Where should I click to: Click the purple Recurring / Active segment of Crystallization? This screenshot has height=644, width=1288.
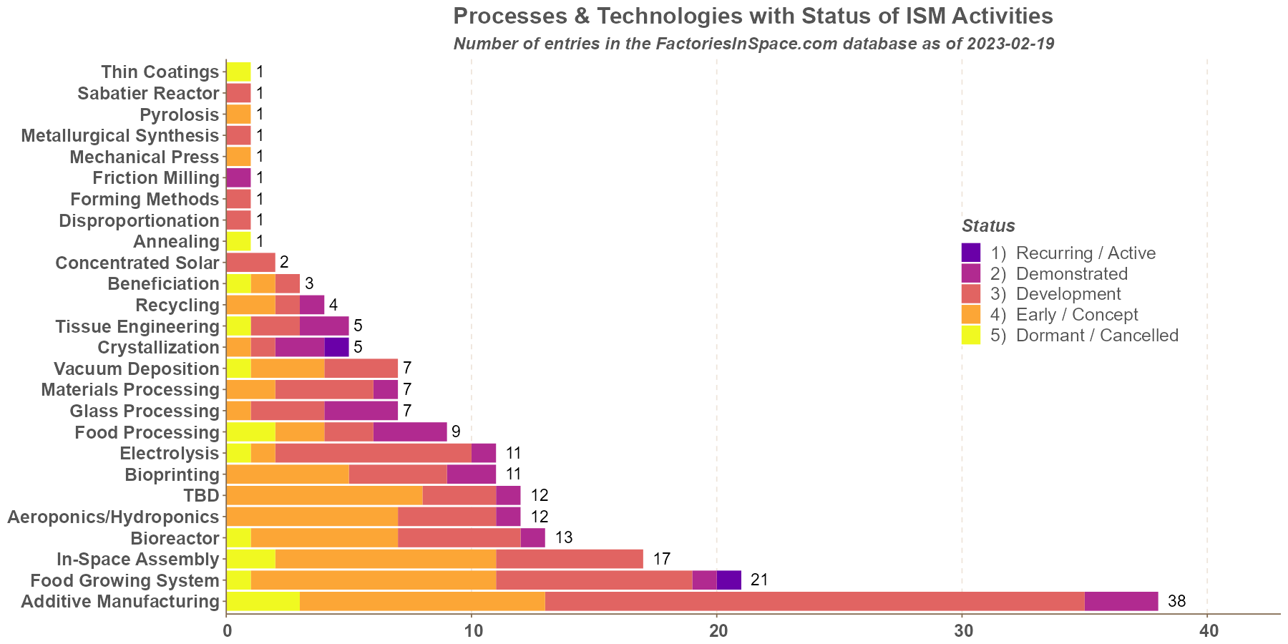click(336, 347)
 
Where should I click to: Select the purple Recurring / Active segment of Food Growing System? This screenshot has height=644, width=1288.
click(728, 580)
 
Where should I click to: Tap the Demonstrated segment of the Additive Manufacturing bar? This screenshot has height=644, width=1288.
click(1121, 601)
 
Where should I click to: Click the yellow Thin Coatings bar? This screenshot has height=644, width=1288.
click(238, 72)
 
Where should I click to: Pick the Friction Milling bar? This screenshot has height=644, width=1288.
click(238, 177)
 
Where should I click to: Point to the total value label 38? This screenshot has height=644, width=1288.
click(1176, 601)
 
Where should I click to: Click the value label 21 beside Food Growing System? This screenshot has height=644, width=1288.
click(759, 580)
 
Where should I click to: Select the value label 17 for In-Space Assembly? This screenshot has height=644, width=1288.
click(661, 559)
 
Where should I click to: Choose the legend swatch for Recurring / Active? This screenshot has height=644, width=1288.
click(971, 253)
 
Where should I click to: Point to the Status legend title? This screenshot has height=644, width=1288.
click(988, 226)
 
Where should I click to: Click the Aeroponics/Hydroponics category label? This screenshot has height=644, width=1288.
click(112, 517)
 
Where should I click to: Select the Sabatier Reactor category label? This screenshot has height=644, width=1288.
click(147, 93)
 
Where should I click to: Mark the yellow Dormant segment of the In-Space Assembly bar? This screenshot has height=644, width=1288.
click(250, 559)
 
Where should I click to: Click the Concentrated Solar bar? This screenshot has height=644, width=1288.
click(250, 263)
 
